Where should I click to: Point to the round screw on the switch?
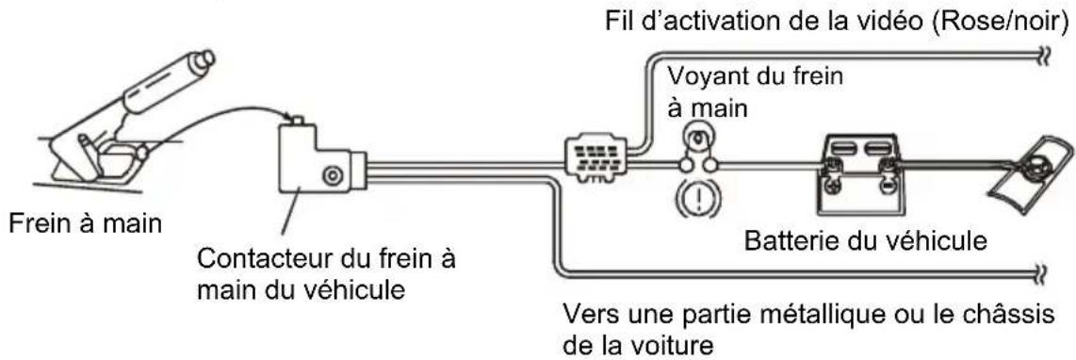[x=331, y=174]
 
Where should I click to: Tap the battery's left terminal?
[x=833, y=167]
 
